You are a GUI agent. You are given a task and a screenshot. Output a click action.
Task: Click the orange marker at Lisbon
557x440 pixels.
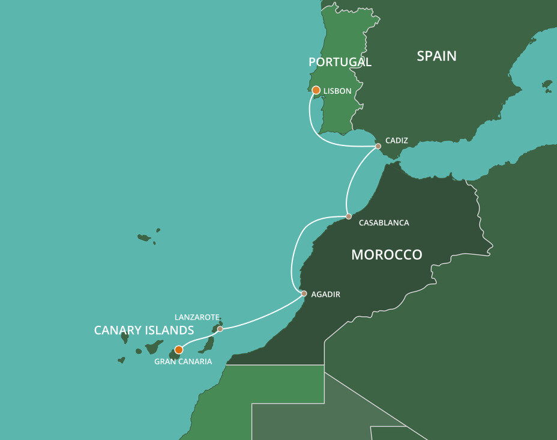[316, 90]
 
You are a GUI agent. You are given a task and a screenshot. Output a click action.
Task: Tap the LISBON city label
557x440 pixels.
[337, 91]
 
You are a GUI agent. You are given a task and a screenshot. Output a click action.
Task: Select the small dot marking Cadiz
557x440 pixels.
[378, 146]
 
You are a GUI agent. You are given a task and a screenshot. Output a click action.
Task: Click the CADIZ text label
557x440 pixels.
[397, 141]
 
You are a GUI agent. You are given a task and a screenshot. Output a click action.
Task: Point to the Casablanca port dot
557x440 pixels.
[349, 216]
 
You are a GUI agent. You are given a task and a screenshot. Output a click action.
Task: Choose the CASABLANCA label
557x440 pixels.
[384, 223]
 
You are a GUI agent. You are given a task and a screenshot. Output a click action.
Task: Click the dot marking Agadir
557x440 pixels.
[304, 294]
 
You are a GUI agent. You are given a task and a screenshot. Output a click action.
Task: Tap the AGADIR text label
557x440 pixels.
[326, 294]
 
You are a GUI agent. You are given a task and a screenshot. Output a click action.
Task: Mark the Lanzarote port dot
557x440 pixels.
[220, 329]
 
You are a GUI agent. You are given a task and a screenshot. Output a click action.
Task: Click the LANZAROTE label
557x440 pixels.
[196, 317]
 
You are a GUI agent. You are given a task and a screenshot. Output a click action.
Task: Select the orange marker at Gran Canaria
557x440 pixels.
[178, 350]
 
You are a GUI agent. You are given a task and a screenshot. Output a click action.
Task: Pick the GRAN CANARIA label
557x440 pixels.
[183, 362]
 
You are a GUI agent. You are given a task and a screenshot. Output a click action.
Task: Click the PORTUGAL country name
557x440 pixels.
[340, 62]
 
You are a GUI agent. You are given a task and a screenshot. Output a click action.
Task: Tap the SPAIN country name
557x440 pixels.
[436, 57]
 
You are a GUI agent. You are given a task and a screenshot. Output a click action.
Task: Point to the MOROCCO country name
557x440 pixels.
[387, 255]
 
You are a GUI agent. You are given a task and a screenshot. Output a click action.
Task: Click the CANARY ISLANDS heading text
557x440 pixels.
[144, 331]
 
